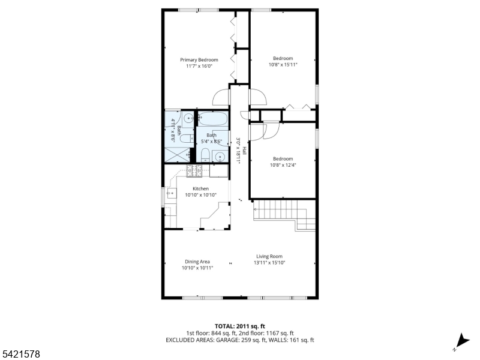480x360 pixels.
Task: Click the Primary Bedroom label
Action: [x=199, y=59]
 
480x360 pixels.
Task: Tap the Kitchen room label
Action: [x=200, y=188]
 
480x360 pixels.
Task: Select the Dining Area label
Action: [x=197, y=262]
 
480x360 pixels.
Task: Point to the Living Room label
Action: [x=269, y=256]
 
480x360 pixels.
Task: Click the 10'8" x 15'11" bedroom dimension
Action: [x=283, y=64]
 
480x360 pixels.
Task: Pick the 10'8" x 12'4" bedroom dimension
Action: [x=283, y=165]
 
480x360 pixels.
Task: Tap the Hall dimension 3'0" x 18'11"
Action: [x=238, y=151]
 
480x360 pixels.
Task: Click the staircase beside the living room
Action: [x=284, y=214]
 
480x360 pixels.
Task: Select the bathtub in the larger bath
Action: [x=212, y=119]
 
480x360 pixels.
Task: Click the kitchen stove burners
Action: [x=194, y=171]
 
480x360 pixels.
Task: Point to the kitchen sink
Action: [x=171, y=193]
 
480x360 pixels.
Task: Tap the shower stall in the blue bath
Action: [x=177, y=155]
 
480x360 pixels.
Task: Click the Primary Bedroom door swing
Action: [x=221, y=97]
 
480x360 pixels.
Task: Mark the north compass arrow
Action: [x=462, y=341]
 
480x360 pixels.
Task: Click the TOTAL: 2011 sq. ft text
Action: [x=239, y=326]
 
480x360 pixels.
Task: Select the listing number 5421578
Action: [x=20, y=354]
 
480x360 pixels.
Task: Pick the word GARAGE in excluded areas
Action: [x=227, y=340]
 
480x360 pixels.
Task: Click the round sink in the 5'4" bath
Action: [x=220, y=157]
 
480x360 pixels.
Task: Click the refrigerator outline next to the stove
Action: [x=218, y=171]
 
